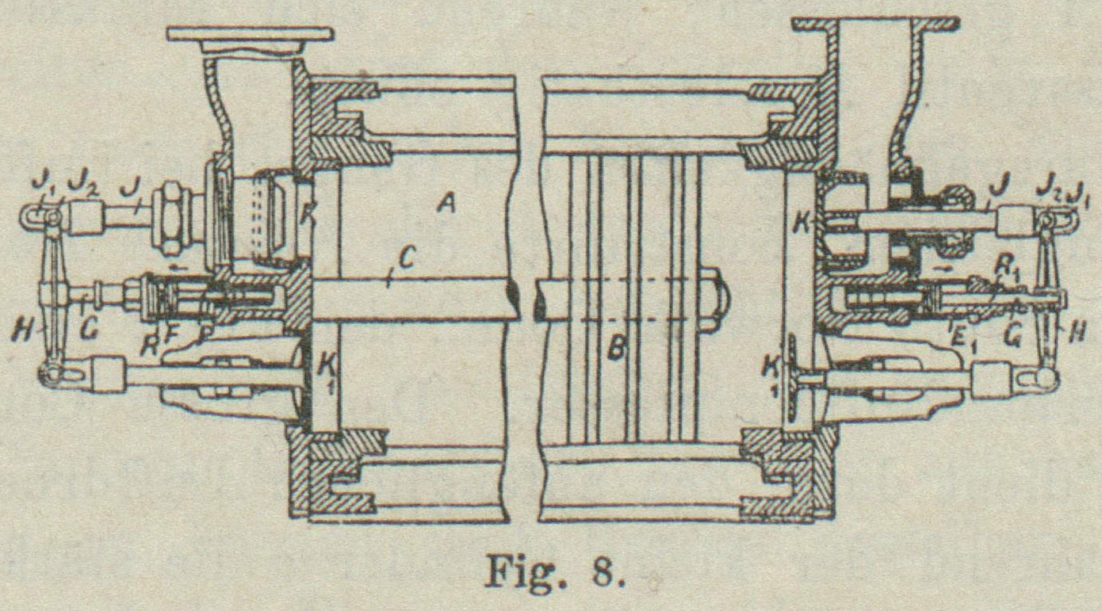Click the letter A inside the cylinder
click(x=447, y=205)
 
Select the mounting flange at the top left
click(x=250, y=34)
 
